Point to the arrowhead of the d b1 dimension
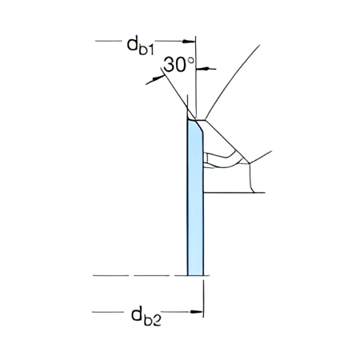pyautogui.click(x=191, y=40)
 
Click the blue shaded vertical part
pyautogui.click(x=195, y=200)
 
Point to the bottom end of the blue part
pyautogui.click(x=195, y=274)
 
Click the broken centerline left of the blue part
pyautogui.click(x=136, y=275)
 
